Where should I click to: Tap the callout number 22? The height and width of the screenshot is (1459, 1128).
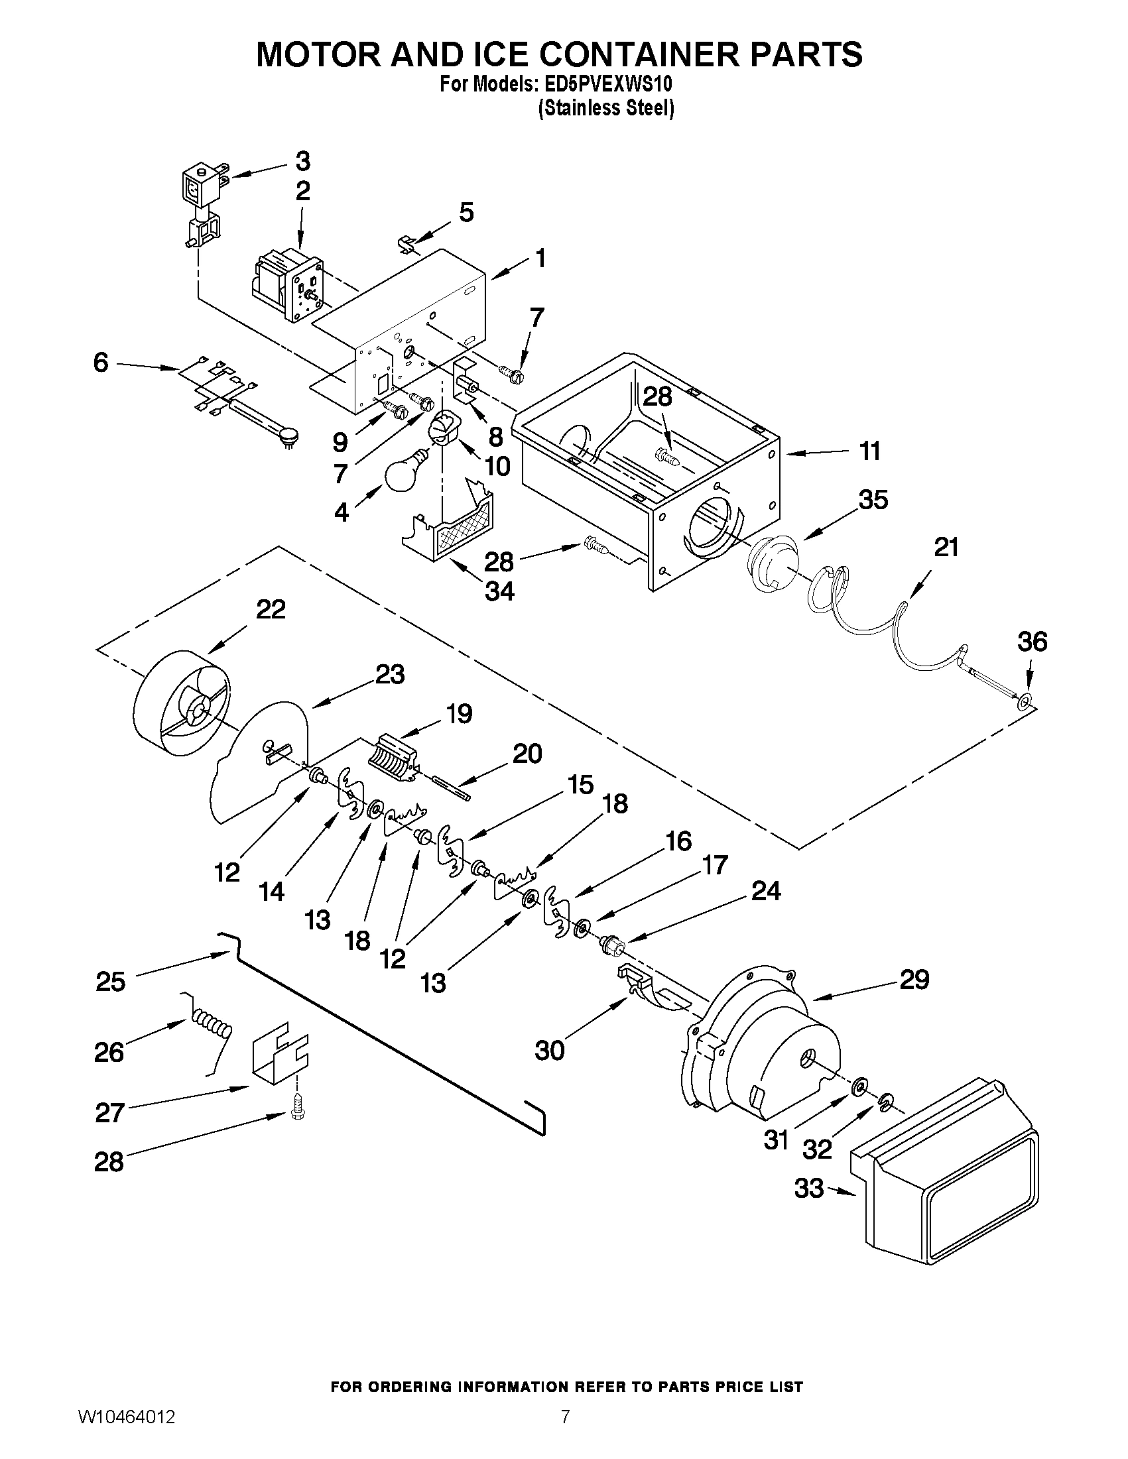click(271, 609)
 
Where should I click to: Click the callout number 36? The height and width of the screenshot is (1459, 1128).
click(1032, 642)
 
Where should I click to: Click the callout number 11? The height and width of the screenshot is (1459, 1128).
click(869, 451)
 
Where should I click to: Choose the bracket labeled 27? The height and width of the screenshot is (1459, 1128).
click(279, 1051)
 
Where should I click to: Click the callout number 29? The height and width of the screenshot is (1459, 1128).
click(914, 979)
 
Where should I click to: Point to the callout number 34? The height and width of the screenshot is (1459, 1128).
click(499, 591)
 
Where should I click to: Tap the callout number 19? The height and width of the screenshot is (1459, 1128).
click(459, 713)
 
